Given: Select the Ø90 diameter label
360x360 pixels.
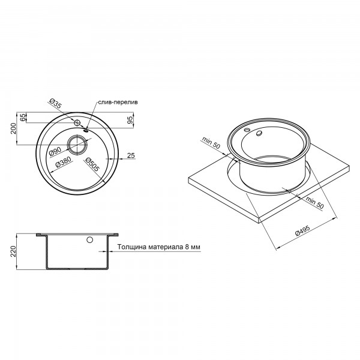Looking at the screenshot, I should coord(54,152).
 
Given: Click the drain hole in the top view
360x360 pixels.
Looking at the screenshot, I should coord(77,144).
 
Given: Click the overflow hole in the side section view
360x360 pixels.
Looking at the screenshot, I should coord(90,241).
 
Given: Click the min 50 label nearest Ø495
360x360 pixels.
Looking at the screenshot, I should coord(313,202).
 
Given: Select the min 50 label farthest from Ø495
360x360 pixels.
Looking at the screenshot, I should coord(210,144).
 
